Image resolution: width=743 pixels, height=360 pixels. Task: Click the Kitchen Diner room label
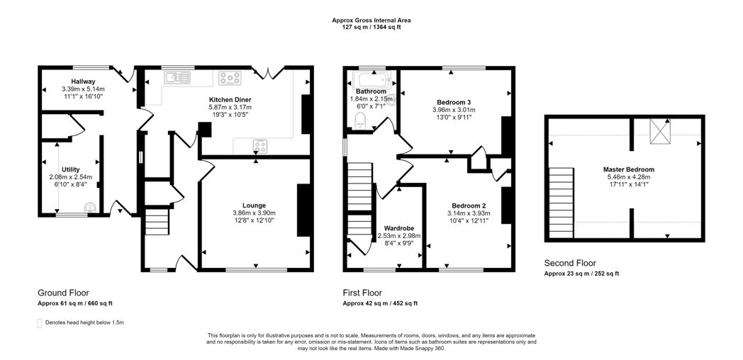(230, 100)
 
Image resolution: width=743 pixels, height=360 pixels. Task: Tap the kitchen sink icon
(177, 77)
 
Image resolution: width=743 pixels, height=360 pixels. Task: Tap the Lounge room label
(256, 206)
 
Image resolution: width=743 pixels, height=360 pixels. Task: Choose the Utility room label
(71, 169)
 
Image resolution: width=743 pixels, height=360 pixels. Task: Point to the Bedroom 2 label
(469, 206)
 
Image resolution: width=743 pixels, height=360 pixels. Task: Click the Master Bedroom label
(629, 169)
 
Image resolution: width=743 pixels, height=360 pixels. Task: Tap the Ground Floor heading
(64, 293)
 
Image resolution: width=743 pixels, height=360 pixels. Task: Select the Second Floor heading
(570, 264)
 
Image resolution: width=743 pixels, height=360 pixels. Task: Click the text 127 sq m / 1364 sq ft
(371, 27)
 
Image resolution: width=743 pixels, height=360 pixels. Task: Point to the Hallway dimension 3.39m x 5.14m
(84, 89)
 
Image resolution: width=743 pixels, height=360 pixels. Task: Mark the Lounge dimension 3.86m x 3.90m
(254, 213)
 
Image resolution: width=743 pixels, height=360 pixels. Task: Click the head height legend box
(40, 324)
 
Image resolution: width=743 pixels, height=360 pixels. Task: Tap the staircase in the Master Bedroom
(561, 203)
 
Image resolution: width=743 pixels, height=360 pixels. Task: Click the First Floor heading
(362, 293)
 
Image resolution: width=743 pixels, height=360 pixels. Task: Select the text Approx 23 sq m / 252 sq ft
(581, 274)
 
